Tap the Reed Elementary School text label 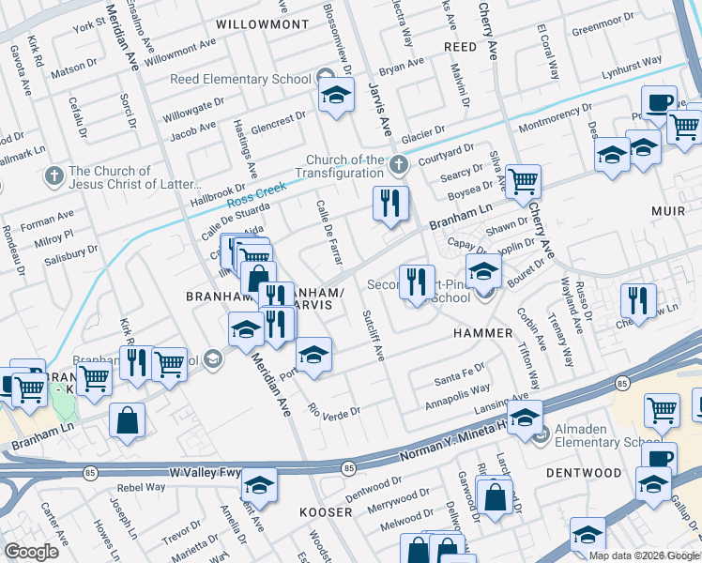240,79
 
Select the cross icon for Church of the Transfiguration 399,166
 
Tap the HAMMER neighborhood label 482,333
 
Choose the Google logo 31,552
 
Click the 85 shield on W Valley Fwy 348,467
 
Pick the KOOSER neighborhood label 325,512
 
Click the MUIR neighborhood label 668,211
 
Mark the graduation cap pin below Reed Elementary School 336,95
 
